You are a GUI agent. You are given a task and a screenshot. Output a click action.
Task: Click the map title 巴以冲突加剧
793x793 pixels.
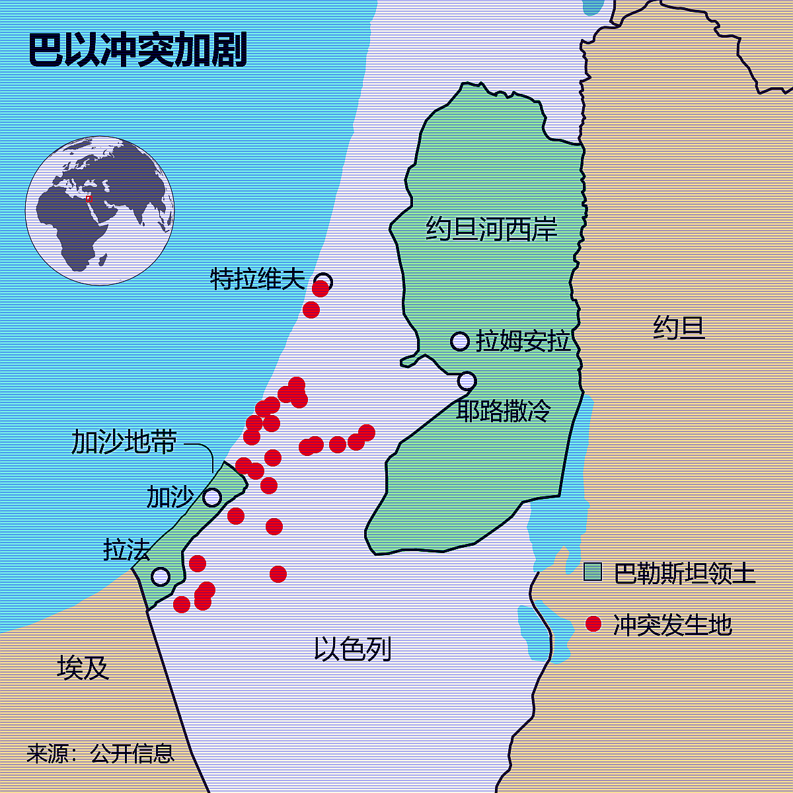coord(137,51)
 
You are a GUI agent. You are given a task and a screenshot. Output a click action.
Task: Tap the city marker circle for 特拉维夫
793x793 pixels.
coord(323,282)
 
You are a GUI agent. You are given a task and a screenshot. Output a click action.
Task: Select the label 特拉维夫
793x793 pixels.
coord(258,279)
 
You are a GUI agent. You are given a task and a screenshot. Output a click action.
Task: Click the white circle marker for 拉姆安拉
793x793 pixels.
coord(460,341)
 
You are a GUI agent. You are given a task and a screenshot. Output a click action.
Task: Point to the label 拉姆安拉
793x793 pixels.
coord(523,342)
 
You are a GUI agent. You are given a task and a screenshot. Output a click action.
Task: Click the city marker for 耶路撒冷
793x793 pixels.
coord(467,381)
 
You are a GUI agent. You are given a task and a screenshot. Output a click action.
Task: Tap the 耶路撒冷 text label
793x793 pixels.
coord(504,411)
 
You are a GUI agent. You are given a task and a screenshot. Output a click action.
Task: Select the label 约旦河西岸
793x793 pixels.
coord(492,229)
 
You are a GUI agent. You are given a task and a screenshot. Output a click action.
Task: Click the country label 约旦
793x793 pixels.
coord(679,328)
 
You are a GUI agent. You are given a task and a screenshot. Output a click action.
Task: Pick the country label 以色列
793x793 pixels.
coord(352,649)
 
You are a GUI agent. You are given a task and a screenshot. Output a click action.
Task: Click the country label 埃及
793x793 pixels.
coord(83,668)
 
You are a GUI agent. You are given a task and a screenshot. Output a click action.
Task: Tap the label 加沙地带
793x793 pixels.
coord(124,442)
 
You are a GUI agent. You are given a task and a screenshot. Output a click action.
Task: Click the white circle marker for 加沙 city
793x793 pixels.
coord(212,497)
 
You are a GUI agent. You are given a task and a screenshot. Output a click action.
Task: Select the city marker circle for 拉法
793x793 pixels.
coord(161,576)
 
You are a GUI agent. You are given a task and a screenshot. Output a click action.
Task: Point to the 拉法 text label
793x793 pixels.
coord(127,549)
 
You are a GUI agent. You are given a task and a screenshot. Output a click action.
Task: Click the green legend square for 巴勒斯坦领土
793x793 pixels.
coord(593,572)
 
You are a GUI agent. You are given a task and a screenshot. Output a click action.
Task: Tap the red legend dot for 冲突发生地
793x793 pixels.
coord(593,624)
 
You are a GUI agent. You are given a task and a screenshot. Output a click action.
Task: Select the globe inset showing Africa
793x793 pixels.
coord(100,211)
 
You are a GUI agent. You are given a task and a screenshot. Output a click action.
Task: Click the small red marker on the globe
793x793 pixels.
coord(89,198)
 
